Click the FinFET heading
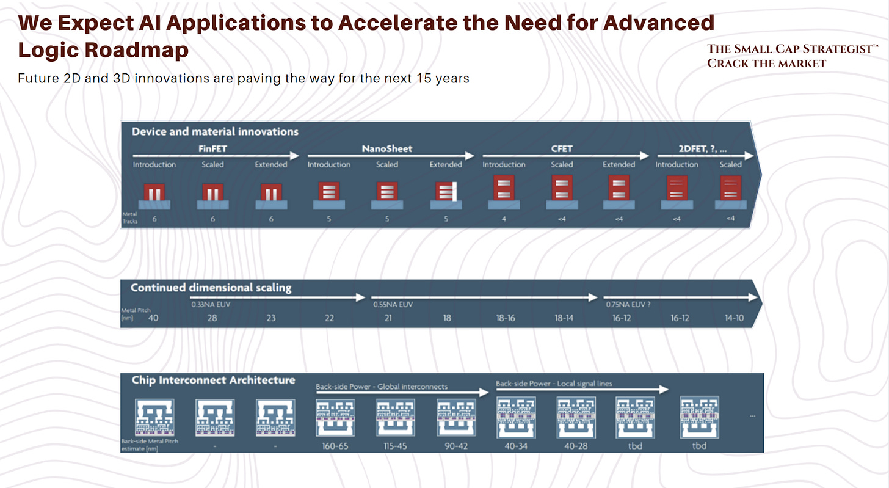point(212,148)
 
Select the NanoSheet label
point(388,148)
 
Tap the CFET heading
point(562,148)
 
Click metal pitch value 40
point(154,318)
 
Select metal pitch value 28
point(211,318)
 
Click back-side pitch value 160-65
point(335,446)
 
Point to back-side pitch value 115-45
point(394,446)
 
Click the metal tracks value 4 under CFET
point(504,219)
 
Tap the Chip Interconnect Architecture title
point(213,380)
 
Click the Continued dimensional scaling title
point(211,288)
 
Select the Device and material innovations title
point(215,131)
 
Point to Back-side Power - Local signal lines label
point(553,384)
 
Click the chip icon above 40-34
point(516,417)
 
